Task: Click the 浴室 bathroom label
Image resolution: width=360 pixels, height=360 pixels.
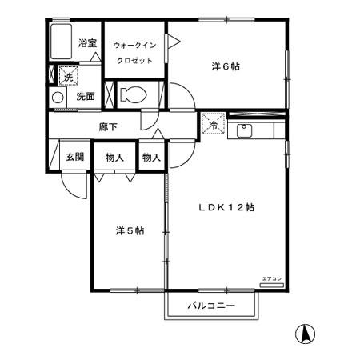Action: click(x=88, y=43)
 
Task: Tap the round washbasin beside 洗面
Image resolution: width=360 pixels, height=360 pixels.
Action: click(x=58, y=98)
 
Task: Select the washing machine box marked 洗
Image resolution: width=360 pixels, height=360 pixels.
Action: click(x=68, y=77)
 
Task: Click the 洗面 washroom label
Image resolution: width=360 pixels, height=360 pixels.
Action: click(x=86, y=97)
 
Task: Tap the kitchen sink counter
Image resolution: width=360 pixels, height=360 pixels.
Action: click(x=255, y=130)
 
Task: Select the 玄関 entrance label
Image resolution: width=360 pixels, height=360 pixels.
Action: click(x=74, y=157)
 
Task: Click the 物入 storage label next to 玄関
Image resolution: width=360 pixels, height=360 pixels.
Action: click(x=114, y=157)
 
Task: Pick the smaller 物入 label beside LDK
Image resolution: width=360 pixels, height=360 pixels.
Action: click(x=151, y=157)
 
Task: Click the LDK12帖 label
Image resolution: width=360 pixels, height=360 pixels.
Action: click(x=226, y=207)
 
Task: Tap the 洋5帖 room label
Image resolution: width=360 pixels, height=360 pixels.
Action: click(x=129, y=231)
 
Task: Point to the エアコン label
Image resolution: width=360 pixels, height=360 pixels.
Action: click(x=271, y=278)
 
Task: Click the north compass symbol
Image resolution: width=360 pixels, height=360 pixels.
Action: click(x=305, y=332)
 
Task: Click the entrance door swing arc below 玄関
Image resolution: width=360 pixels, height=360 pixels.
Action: click(x=75, y=186)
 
